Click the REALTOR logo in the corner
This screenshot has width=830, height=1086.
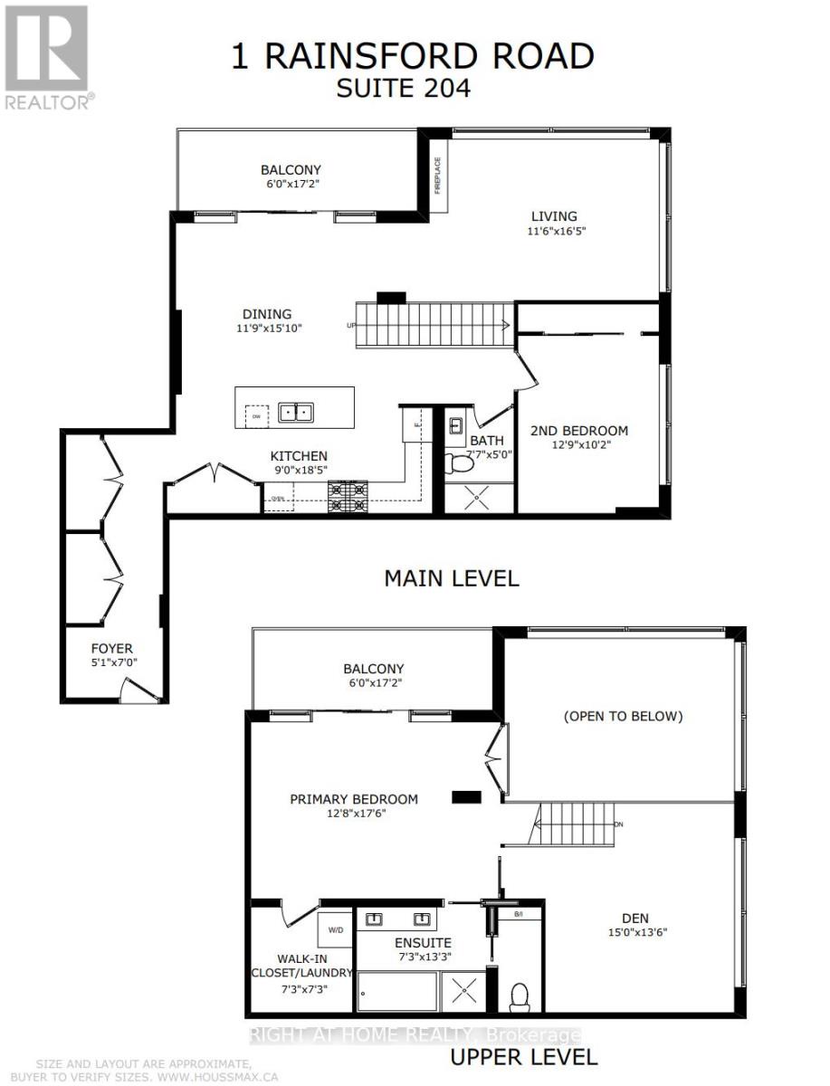pos(46,56)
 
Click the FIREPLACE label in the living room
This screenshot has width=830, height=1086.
pos(437,176)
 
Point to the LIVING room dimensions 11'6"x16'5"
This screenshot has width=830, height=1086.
pos(554,231)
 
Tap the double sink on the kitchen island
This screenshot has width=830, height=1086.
pos(295,413)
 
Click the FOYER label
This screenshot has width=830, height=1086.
pos(111,648)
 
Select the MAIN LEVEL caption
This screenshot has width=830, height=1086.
pos(452,578)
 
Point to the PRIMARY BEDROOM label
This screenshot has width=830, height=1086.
pos(354,799)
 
